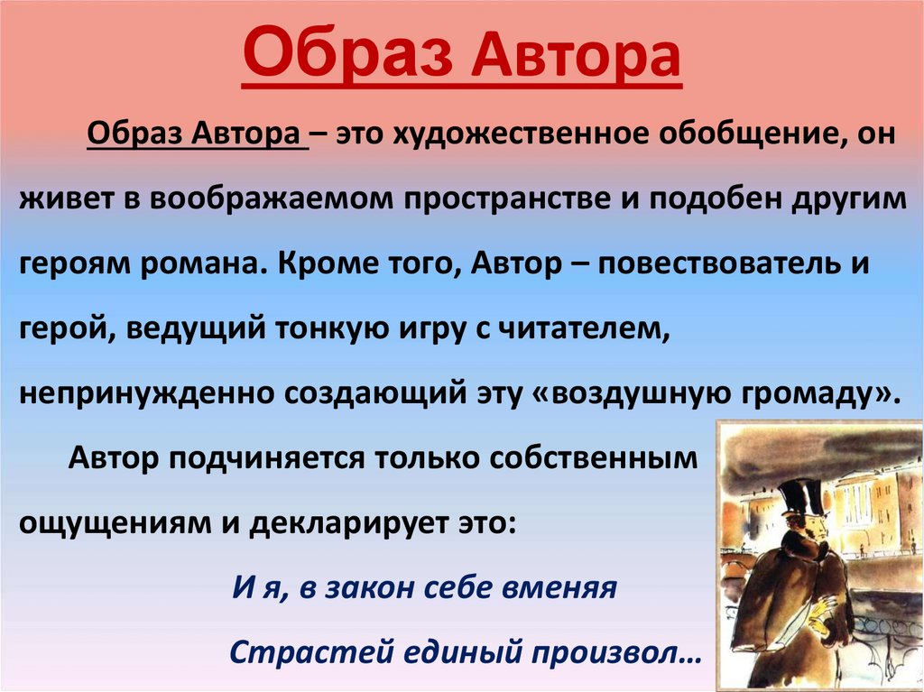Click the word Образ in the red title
(x=347, y=53)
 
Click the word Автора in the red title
(x=577, y=53)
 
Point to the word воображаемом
(x=271, y=199)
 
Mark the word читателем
(x=585, y=328)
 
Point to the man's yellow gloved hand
(x=818, y=620)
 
